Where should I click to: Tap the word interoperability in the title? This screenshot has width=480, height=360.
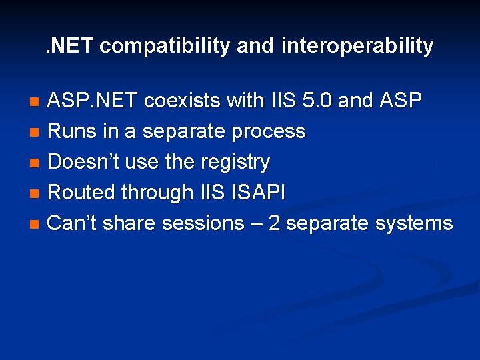(x=357, y=46)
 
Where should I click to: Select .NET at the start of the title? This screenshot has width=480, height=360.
(x=70, y=46)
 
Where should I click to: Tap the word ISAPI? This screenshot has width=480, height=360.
(x=258, y=193)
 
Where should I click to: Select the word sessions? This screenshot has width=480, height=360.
(x=203, y=223)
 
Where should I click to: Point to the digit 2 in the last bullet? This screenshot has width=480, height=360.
(x=274, y=223)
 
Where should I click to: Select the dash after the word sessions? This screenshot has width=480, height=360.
(x=256, y=224)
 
